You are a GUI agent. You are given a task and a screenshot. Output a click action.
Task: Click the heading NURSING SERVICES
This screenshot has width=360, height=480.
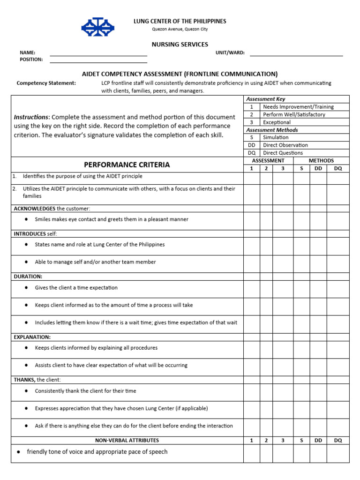pyautogui.click(x=180, y=45)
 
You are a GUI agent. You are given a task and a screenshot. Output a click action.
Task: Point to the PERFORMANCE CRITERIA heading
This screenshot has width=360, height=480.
pyautogui.click(x=127, y=165)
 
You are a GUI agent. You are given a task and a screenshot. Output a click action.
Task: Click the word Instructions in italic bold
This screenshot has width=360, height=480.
pyautogui.click(x=31, y=117)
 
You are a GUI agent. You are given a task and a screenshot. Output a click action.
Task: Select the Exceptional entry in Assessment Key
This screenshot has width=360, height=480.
pyautogui.click(x=277, y=122)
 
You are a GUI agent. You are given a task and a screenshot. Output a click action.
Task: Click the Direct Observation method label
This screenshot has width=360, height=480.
pyautogui.click(x=285, y=145)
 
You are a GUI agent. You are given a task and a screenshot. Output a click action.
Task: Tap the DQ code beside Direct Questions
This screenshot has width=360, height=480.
pyautogui.click(x=252, y=153)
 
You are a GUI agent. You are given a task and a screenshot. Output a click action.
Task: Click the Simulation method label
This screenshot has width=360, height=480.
pyautogui.click(x=276, y=137)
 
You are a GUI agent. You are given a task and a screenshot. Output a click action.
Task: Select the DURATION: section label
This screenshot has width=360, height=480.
pyautogui.click(x=28, y=277)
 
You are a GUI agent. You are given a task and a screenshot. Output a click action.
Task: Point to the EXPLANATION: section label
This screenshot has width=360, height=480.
pyautogui.click(x=32, y=337)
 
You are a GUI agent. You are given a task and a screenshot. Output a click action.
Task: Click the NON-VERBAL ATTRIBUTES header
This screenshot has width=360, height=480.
pyautogui.click(x=127, y=441)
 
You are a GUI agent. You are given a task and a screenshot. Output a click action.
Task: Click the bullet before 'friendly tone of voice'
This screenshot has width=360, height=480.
pyautogui.click(x=18, y=452)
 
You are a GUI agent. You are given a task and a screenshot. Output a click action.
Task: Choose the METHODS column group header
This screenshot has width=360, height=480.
pyautogui.click(x=321, y=161)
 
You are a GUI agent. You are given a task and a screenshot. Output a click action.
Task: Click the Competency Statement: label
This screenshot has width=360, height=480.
pyautogui.click(x=46, y=83)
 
